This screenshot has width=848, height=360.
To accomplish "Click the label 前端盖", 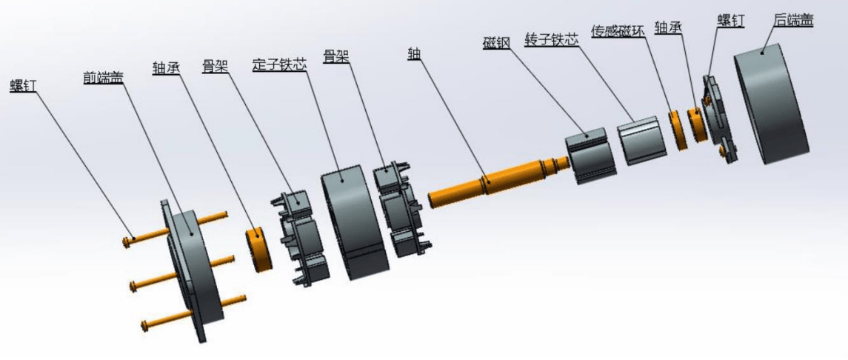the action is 103,78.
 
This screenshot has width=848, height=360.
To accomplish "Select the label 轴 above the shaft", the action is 415,53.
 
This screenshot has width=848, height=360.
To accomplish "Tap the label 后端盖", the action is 794,21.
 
